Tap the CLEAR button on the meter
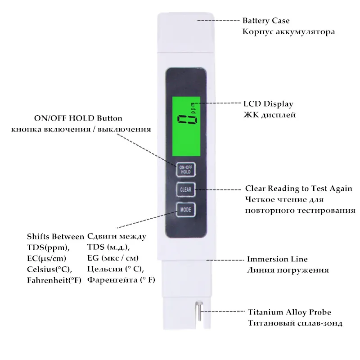pos(185,189)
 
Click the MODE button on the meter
pos(185,210)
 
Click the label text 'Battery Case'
pos(266,21)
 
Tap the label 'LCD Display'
pos(268,104)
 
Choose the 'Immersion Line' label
pos(277,259)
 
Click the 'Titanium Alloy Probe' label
pos(289,312)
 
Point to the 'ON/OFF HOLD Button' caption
pos(78,118)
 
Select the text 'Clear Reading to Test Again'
pos(298,188)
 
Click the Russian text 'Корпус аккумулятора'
pos(288,32)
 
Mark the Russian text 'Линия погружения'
pos(288,270)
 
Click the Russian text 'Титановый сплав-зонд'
pos(295,323)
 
